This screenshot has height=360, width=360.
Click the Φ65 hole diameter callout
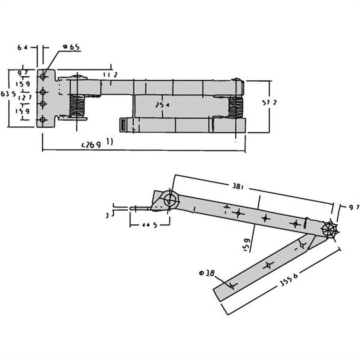pos(71,47)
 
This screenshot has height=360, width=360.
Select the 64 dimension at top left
pos(22,47)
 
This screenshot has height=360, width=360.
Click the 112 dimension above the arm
pos(110,75)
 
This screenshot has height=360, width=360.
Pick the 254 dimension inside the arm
pos(162,105)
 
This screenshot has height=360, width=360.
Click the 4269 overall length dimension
pos(91,145)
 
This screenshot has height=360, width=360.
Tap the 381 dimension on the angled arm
pos(238,186)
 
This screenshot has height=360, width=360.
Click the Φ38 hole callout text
pos(207,273)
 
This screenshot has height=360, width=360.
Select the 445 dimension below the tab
pos(150,225)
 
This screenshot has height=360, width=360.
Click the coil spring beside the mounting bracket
pos(77,105)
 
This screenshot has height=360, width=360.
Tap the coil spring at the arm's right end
pos(236,107)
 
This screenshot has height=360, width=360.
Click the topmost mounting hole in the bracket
pos(43,77)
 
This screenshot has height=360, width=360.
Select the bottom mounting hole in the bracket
pos(43,120)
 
